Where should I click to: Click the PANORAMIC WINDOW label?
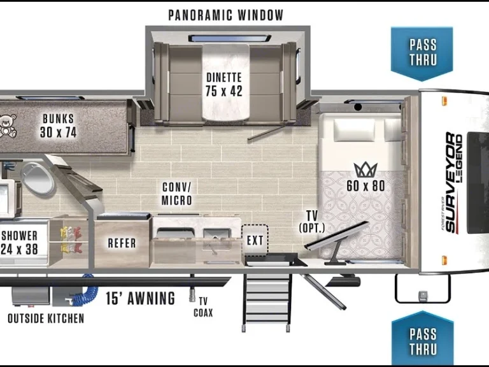point(225,15)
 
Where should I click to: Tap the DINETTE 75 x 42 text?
point(223,84)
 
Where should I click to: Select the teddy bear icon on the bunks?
point(7,126)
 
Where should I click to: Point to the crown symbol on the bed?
point(365,169)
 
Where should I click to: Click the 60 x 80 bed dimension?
point(365,185)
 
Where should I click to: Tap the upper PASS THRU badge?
point(423,52)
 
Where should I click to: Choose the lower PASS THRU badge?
point(423,340)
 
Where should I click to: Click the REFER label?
point(122,243)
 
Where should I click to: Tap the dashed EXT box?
point(255,240)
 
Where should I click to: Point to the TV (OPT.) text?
point(312,222)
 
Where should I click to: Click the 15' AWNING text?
point(141,298)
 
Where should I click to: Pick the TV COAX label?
point(204,307)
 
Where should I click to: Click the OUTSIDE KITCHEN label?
point(45,318)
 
